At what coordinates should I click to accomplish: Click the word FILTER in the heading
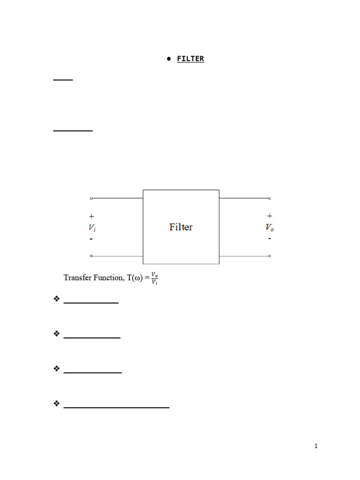pyautogui.click(x=190, y=59)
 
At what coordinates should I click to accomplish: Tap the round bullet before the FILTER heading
pyautogui.click(x=168, y=59)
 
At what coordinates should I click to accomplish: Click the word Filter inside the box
pyautogui.click(x=180, y=227)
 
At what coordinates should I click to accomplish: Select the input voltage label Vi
pyautogui.click(x=91, y=228)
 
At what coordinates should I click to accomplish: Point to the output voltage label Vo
pyautogui.click(x=270, y=228)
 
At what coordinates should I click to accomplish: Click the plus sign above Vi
pyautogui.click(x=91, y=217)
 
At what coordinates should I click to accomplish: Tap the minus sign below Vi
pyautogui.click(x=91, y=239)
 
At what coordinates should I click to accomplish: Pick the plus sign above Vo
pyautogui.click(x=270, y=216)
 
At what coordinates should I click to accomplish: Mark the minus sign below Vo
pyautogui.click(x=270, y=239)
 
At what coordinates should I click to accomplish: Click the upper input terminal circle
pyautogui.click(x=91, y=198)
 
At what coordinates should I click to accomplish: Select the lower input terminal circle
pyautogui.click(x=91, y=256)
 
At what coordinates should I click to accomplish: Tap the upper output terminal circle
pyautogui.click(x=270, y=198)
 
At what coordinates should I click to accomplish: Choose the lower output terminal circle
pyautogui.click(x=270, y=256)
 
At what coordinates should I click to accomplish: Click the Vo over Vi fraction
pyautogui.click(x=154, y=278)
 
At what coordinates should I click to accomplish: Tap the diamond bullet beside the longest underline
pyautogui.click(x=57, y=403)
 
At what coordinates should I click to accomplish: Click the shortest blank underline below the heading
pyautogui.click(x=63, y=80)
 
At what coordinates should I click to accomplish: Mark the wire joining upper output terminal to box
pyautogui.click(x=244, y=198)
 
